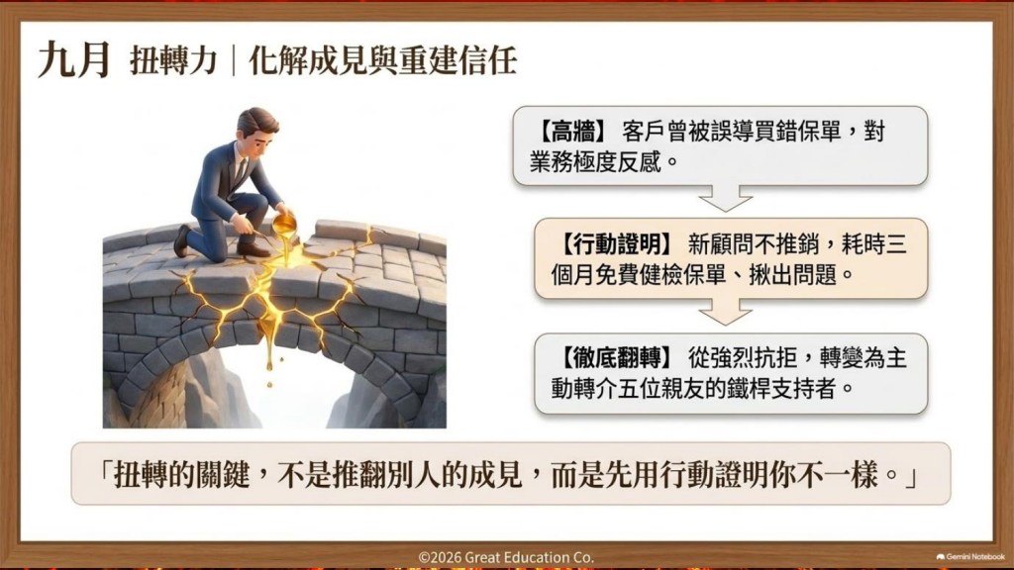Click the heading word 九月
click(x=73, y=60)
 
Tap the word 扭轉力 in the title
click(x=172, y=61)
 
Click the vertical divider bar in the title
click(x=234, y=61)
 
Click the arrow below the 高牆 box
click(x=726, y=197)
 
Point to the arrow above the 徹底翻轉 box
click(x=726, y=311)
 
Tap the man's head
click(x=256, y=131)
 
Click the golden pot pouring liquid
click(x=284, y=224)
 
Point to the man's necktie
click(x=241, y=172)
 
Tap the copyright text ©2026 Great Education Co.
click(x=506, y=557)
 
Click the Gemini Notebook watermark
click(x=970, y=556)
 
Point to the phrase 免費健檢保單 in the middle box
click(x=660, y=275)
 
